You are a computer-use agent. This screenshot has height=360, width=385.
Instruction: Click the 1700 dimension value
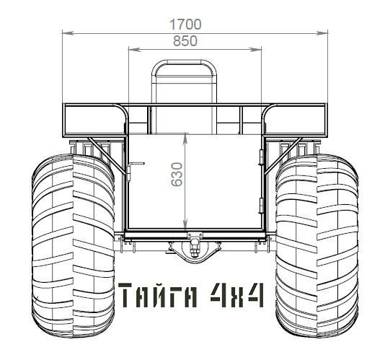(x=185, y=25)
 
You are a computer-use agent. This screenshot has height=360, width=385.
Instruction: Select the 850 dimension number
(x=185, y=41)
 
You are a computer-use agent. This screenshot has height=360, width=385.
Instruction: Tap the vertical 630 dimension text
(x=177, y=174)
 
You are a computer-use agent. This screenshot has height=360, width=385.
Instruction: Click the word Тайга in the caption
(x=158, y=295)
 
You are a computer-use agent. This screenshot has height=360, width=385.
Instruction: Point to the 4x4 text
(x=237, y=295)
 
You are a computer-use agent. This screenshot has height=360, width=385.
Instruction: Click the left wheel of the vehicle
(x=73, y=245)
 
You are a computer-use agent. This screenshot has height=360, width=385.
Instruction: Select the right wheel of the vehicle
(x=317, y=245)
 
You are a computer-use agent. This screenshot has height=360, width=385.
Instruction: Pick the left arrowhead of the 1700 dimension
(x=68, y=33)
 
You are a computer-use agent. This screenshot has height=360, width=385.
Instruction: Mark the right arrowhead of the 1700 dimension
(x=322, y=33)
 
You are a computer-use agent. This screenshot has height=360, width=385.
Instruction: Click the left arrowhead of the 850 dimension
(x=134, y=50)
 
